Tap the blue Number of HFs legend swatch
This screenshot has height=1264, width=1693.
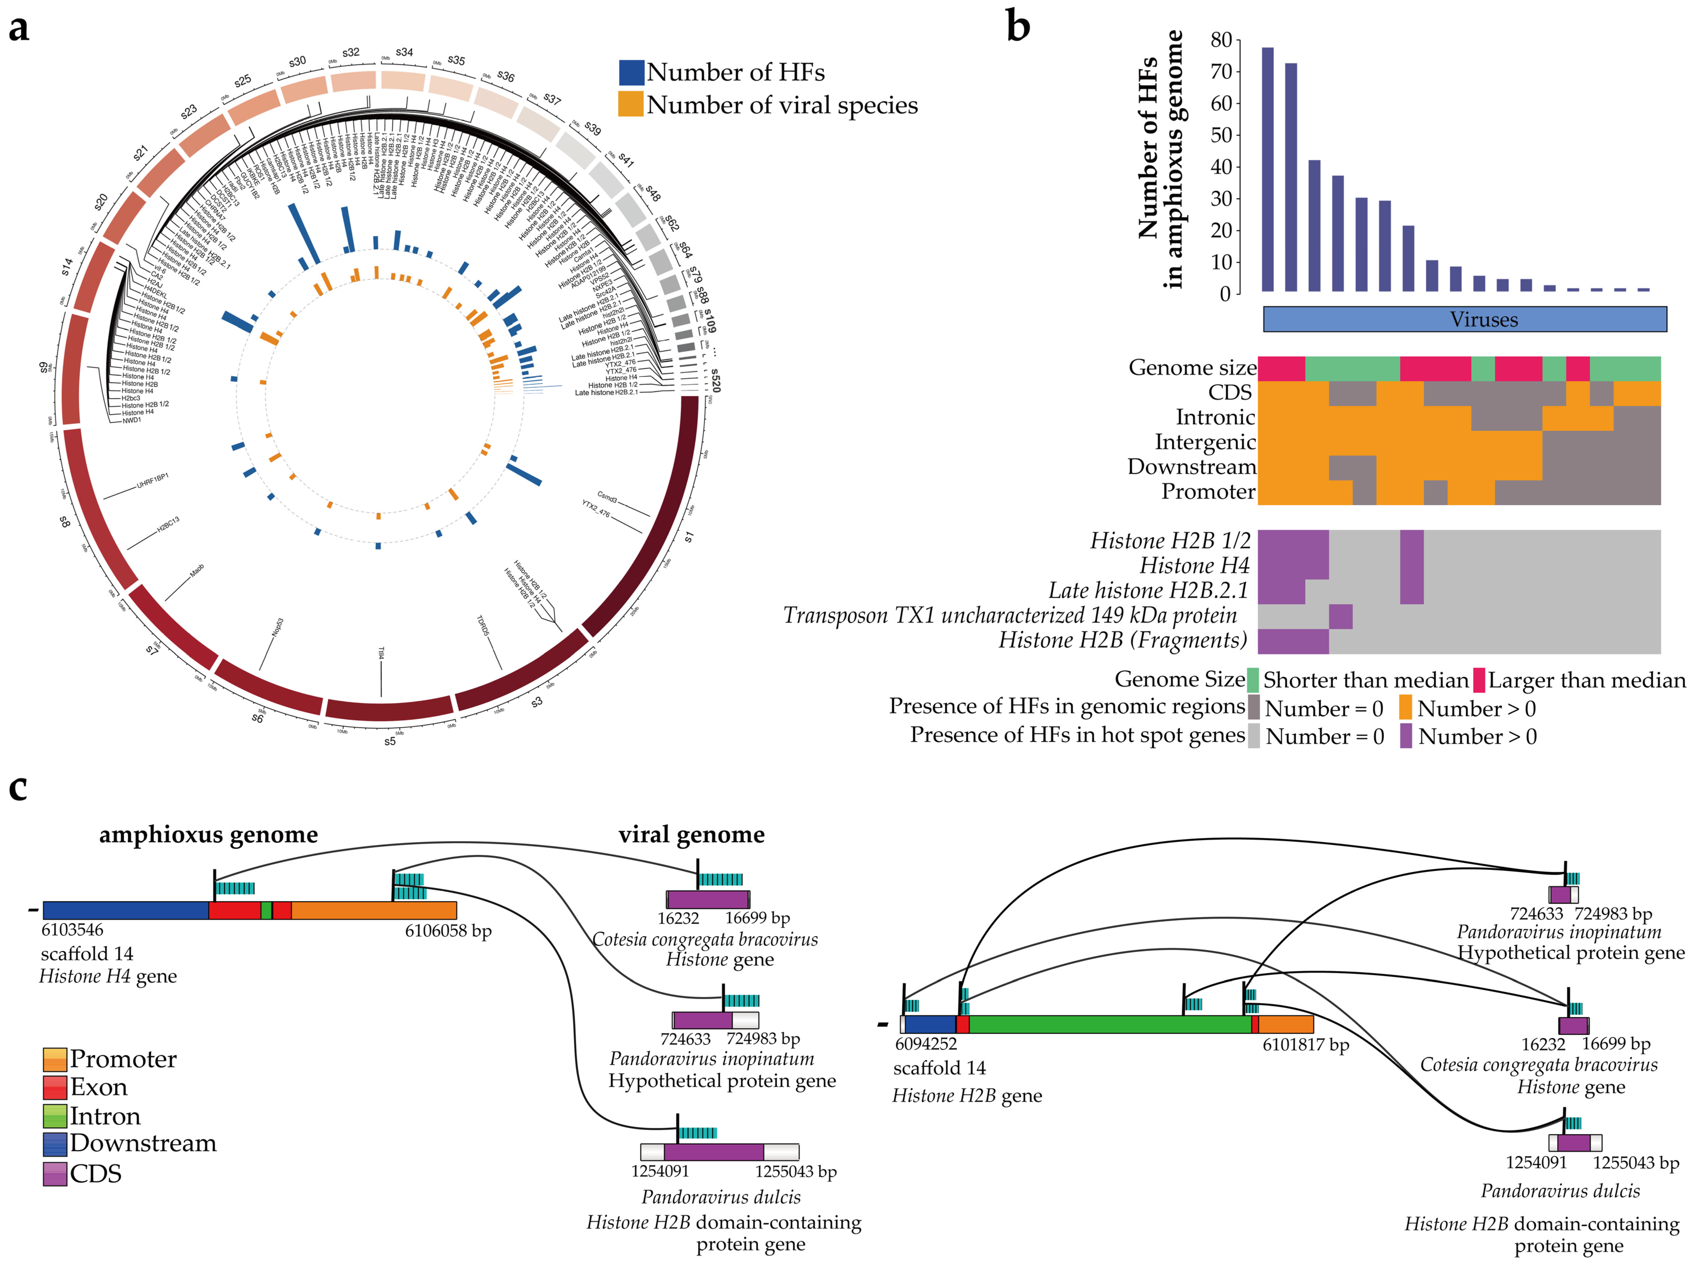[x=631, y=73]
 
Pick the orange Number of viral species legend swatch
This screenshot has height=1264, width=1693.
[x=631, y=105]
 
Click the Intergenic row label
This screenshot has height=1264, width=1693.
[x=1205, y=442]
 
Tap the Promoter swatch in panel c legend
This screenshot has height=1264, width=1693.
[x=54, y=1060]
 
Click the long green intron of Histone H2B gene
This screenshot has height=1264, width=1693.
[x=1110, y=1024]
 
